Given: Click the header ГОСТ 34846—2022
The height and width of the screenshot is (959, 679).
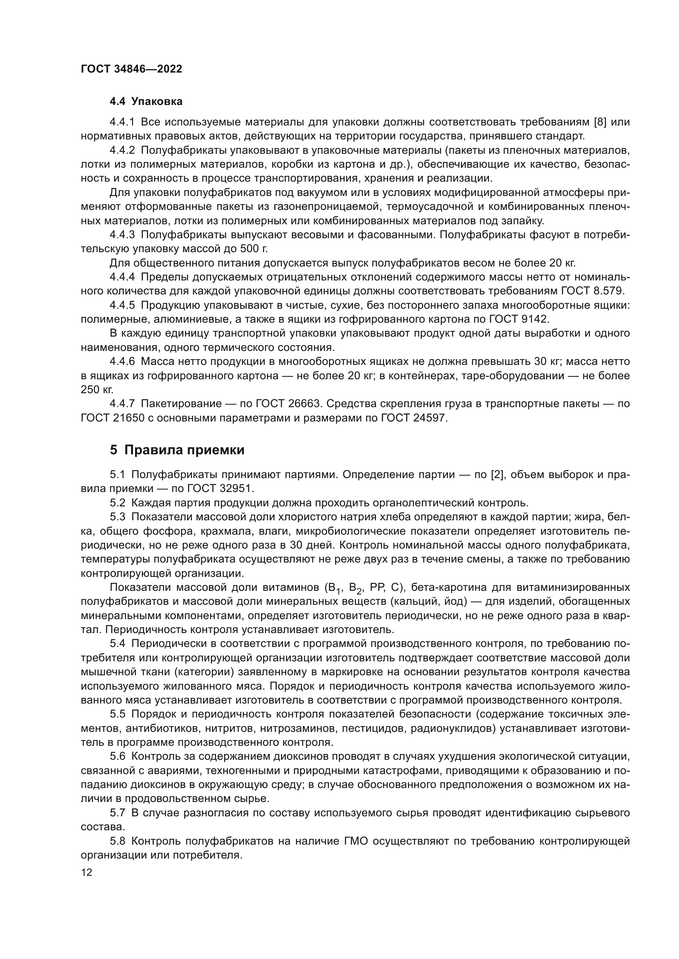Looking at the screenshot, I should coord(131,69).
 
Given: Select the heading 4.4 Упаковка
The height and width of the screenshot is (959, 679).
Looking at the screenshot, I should coord(146,102).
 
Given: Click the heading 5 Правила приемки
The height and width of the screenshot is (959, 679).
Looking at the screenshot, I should coord(177,450).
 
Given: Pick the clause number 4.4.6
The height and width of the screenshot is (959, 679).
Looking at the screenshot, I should coord(122,361).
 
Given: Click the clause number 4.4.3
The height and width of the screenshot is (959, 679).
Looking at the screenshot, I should coord(122,235).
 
